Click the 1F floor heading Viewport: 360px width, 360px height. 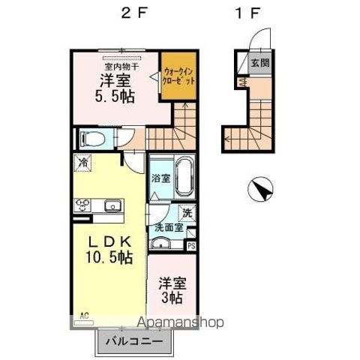coord(248,13)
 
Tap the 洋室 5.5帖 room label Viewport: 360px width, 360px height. coord(114,88)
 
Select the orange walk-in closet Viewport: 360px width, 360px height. coord(180,74)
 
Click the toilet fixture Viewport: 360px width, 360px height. coord(93,139)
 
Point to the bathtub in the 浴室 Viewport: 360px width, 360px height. coord(184,177)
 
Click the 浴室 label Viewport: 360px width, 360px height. coord(160,179)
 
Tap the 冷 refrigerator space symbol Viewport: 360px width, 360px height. coord(82,162)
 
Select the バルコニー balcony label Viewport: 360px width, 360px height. coord(133,341)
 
